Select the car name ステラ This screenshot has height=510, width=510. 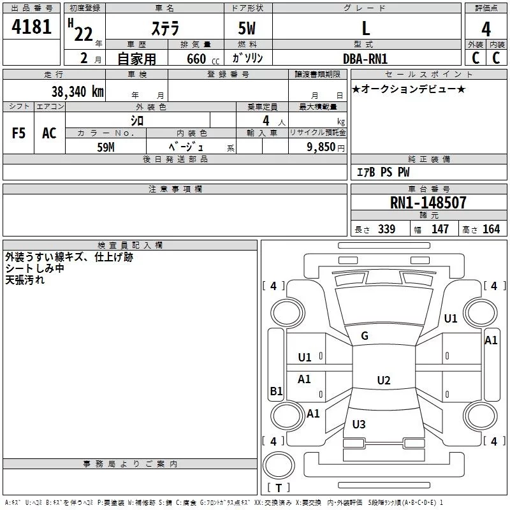[164, 29]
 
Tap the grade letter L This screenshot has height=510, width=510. [365, 29]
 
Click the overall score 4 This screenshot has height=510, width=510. [486, 30]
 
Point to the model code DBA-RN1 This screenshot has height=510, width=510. [365, 58]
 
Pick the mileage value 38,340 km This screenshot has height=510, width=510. [77, 92]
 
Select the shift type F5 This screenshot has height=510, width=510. [18, 133]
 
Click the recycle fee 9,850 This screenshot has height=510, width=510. [321, 147]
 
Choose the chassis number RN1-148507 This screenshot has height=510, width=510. [428, 203]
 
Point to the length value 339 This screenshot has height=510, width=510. [386, 229]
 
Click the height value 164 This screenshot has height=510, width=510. [491, 229]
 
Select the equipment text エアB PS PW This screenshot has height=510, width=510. [382, 172]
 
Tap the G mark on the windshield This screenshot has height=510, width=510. [365, 336]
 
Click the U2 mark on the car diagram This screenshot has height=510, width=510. [383, 381]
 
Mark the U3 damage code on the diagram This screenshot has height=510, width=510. [358, 425]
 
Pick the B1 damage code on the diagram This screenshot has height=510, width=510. [276, 391]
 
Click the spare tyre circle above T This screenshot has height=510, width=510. [279, 465]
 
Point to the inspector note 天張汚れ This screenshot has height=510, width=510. [25, 279]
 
